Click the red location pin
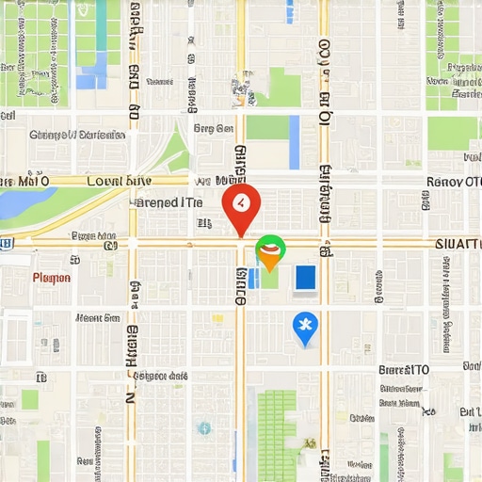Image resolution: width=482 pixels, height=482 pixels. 241,204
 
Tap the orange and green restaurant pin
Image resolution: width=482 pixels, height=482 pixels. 269,250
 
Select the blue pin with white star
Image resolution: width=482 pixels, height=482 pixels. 305,328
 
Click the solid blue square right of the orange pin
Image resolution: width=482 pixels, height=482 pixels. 305,278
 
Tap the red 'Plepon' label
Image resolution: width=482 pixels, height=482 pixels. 51,278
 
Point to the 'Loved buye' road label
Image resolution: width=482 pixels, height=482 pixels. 118,181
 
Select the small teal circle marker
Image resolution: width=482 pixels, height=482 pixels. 203,428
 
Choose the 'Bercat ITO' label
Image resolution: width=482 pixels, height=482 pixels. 404,370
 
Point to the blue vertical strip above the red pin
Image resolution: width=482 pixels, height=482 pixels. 294,141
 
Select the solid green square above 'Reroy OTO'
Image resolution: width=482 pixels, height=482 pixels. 453,133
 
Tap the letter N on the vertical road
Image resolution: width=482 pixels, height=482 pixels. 131,396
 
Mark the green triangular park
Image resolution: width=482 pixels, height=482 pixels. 174,151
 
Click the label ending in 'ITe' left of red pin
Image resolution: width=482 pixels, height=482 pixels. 169,201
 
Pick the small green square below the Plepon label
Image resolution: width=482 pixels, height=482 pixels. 30,399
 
